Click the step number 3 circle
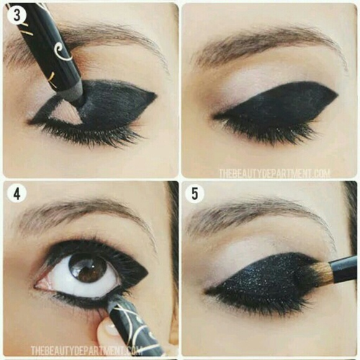coord(17,15)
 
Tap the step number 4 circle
coord(17,194)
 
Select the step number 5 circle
coord(195,194)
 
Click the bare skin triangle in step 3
coord(65,114)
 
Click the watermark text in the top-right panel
coord(274,174)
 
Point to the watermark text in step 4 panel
coord(86,351)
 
